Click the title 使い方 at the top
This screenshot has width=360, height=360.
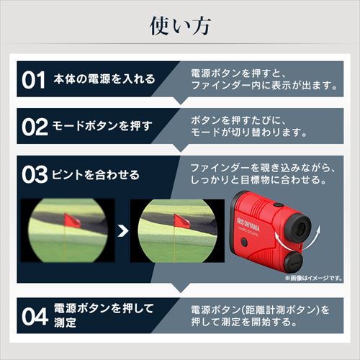180,26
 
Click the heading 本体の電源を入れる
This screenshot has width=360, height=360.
104,79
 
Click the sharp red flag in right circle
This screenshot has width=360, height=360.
181,221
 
